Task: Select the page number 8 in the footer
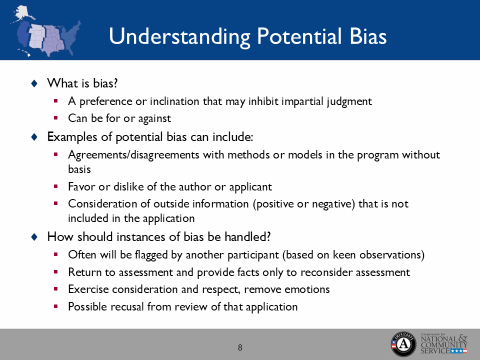click(x=240, y=347)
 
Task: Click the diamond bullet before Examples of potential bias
click(x=34, y=136)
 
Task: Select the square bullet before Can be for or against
click(x=56, y=118)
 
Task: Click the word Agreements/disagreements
click(x=134, y=154)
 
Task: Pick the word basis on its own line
click(x=79, y=169)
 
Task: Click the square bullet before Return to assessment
click(x=56, y=272)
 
